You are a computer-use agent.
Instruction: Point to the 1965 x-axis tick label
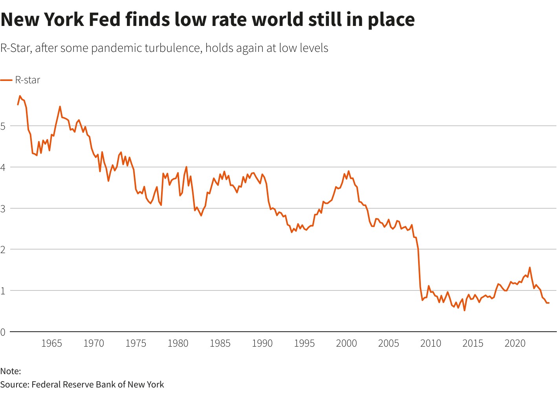[51, 343]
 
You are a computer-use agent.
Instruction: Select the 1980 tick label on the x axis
[178, 343]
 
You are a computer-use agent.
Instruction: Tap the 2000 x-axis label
[346, 343]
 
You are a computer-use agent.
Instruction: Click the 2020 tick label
[515, 343]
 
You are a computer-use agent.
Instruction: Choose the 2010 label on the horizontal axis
[431, 343]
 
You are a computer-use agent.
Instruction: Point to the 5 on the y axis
[3, 126]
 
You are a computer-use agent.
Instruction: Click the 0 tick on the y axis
[3, 332]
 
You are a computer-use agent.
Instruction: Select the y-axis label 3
[3, 209]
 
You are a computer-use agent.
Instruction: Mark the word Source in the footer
[14, 384]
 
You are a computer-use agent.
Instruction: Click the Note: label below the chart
[11, 371]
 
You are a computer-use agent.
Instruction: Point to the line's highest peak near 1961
[20, 96]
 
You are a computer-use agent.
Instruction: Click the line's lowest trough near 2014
[464, 310]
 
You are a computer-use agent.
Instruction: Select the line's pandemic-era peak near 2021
[530, 268]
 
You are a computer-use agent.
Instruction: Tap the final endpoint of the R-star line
[549, 303]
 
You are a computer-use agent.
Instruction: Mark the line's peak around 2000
[349, 171]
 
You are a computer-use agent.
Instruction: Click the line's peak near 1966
[60, 107]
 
